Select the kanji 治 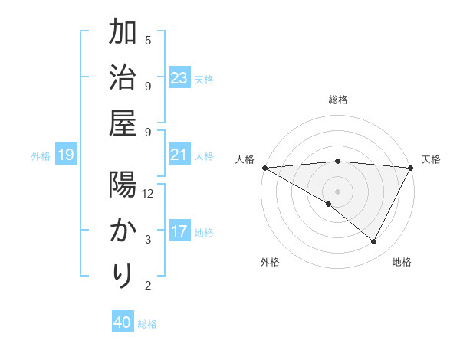pos(123,79)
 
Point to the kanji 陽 pos(123,187)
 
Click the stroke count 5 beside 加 pos(148,40)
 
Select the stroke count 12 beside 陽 pos(148,193)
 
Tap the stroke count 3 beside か pos(148,239)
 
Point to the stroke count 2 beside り pos(148,286)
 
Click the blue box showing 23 pos(179,78)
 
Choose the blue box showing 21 pos(179,155)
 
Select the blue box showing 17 pos(179,231)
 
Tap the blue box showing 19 pos(66,155)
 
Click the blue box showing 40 pos(123,322)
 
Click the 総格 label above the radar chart pos(337,100)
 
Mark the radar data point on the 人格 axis pos(264,168)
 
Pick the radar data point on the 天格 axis pos(411,168)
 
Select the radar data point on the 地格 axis pos(374,242)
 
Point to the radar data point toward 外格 pos(329,205)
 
